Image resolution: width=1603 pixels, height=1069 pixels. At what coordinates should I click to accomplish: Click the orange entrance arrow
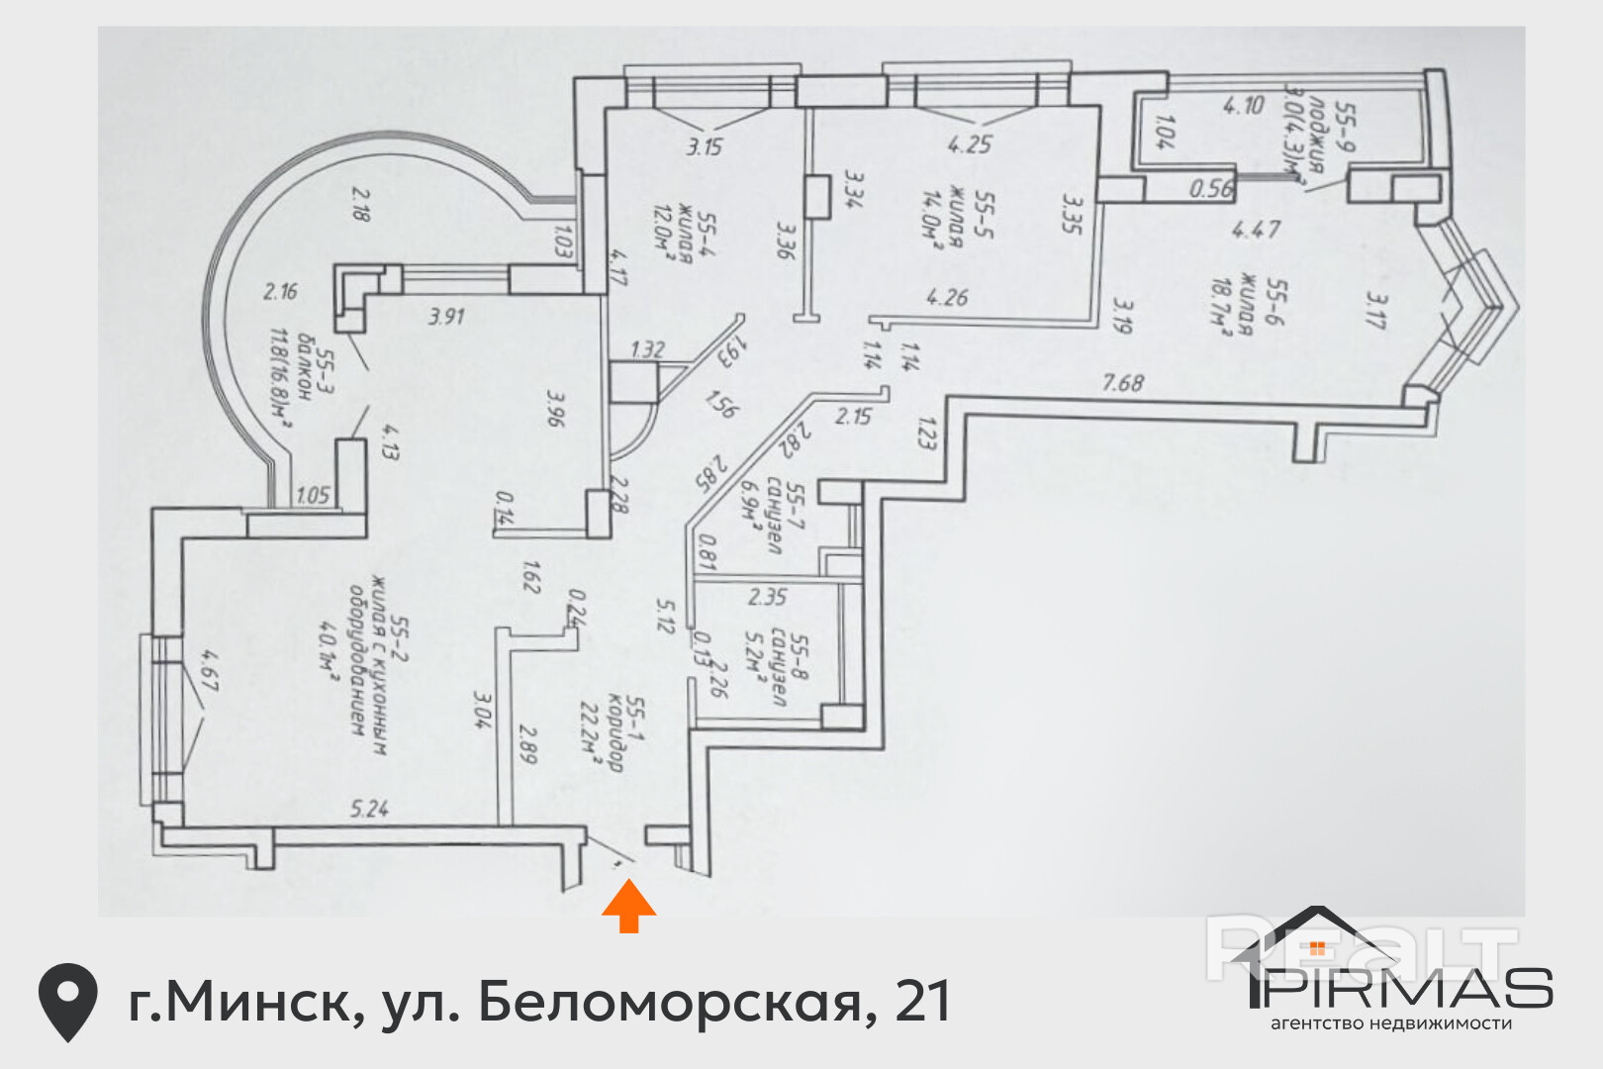tap(628, 908)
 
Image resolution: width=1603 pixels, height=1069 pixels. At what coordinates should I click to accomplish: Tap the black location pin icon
tap(67, 1001)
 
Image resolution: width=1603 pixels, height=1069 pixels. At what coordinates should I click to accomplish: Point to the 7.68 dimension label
tap(1123, 382)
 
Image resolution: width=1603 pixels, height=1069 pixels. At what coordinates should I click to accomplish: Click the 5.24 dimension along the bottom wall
tap(369, 809)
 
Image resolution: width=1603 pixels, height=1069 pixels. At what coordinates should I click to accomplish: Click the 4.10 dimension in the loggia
tap(1243, 105)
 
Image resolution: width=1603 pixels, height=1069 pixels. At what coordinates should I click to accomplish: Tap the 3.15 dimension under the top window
tap(705, 146)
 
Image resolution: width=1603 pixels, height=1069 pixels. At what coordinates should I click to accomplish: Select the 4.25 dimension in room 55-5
tap(969, 145)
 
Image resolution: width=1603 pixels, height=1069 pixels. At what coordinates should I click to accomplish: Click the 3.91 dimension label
tap(446, 317)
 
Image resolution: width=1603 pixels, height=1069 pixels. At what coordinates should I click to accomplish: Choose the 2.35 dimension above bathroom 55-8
tap(767, 597)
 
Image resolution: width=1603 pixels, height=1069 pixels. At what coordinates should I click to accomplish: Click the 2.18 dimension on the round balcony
tap(360, 204)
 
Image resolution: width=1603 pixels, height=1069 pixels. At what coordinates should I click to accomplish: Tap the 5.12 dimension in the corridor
tap(664, 616)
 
